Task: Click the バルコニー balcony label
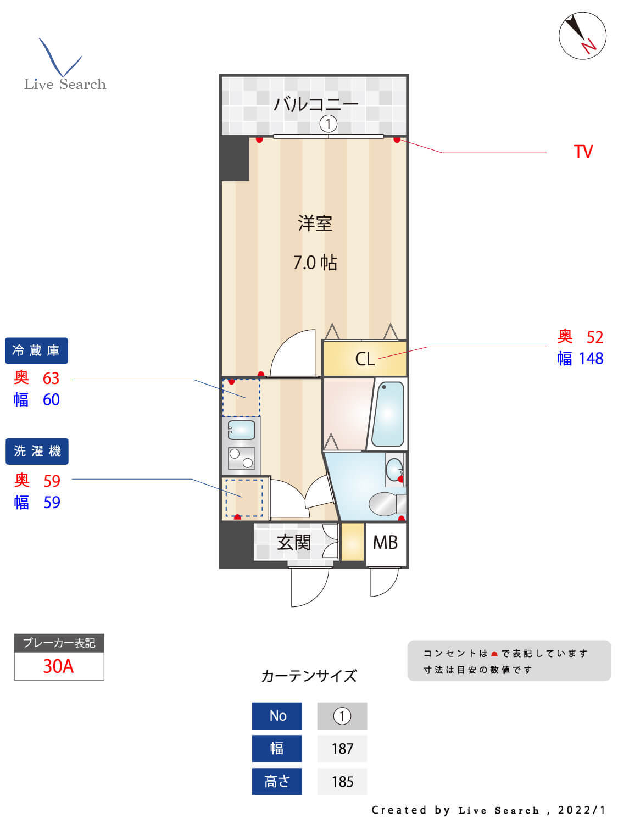(x=316, y=103)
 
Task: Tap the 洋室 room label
(x=315, y=224)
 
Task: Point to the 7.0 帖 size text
(x=315, y=263)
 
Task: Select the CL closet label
(x=365, y=359)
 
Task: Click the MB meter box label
(x=385, y=543)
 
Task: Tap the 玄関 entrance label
(x=294, y=543)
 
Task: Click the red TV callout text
(x=583, y=152)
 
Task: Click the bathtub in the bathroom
(x=388, y=414)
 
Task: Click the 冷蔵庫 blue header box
(x=36, y=350)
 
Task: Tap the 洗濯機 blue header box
(x=37, y=452)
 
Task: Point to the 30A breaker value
(x=58, y=666)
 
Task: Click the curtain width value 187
(x=342, y=748)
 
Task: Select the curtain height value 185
(x=342, y=781)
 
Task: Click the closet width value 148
(x=591, y=359)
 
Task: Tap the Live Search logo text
(x=65, y=84)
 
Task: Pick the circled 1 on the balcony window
(x=328, y=124)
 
